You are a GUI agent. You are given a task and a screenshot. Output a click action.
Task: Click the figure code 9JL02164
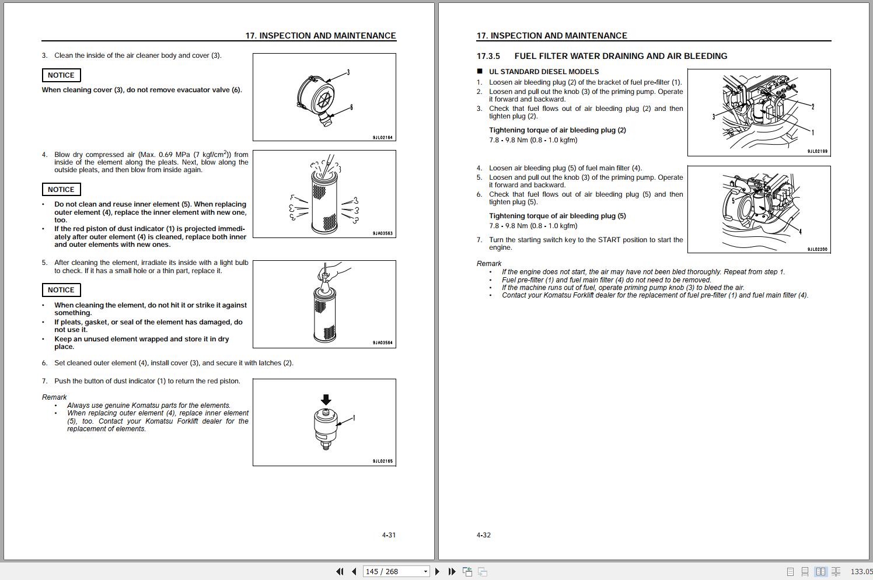(x=383, y=138)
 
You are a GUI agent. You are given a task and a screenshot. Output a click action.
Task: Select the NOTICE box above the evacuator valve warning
(x=61, y=75)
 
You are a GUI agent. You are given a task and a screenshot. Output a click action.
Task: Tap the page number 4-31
(x=389, y=535)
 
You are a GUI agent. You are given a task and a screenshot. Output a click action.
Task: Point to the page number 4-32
(x=484, y=535)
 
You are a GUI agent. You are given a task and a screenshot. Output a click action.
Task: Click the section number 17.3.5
(x=488, y=56)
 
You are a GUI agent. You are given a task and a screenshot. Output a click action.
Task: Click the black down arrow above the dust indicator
(x=326, y=400)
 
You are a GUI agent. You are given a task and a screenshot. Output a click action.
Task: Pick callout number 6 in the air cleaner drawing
(x=351, y=107)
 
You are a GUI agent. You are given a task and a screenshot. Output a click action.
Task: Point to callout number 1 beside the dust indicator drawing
(x=354, y=418)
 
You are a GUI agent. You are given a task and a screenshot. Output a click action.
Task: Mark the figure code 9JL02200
(x=817, y=249)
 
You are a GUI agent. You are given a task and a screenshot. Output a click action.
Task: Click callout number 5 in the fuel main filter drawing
(x=733, y=201)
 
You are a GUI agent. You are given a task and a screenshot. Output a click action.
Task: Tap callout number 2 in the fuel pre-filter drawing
(x=812, y=107)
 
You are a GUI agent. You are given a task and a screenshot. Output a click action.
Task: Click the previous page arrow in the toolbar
(x=354, y=572)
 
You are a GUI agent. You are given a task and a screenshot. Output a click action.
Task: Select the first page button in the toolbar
(x=340, y=572)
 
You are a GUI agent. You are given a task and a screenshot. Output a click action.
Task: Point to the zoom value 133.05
(x=861, y=572)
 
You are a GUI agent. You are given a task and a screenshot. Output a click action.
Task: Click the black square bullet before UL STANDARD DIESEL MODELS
(x=480, y=72)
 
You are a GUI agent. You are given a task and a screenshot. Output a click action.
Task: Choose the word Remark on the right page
(x=489, y=264)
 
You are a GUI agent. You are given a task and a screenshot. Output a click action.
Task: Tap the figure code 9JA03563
(x=383, y=233)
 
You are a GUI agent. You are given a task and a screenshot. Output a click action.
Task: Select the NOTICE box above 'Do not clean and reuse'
(x=61, y=190)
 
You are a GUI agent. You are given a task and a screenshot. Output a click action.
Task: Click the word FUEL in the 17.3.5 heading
(x=526, y=56)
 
